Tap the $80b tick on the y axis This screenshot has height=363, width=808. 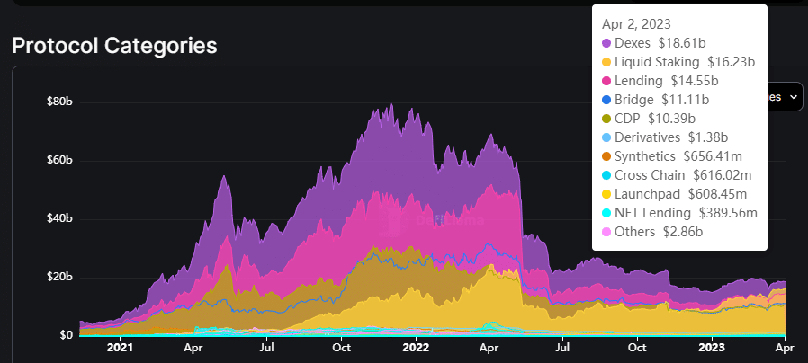(59, 102)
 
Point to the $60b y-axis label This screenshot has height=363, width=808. (59, 160)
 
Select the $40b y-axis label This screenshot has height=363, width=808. (59, 218)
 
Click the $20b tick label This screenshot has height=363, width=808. (59, 277)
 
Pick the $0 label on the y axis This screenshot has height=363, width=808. (66, 335)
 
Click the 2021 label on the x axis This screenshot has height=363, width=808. (119, 347)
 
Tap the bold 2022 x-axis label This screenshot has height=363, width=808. (415, 347)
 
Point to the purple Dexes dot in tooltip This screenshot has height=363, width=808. (606, 43)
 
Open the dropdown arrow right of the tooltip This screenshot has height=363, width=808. (794, 95)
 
